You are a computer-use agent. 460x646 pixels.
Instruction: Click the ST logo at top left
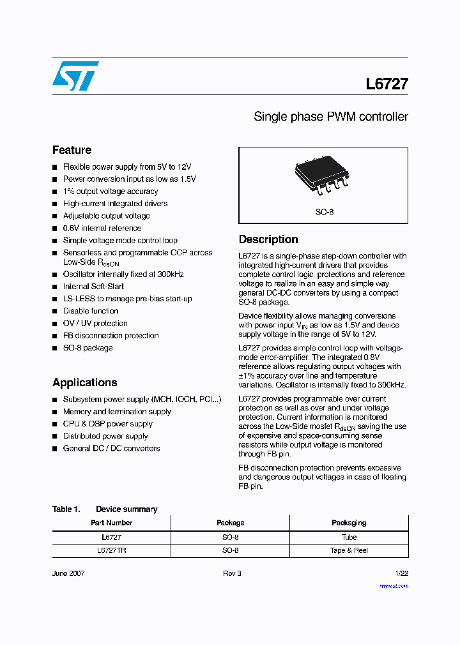pyautogui.click(x=75, y=76)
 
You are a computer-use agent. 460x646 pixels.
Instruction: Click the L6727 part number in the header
pyautogui.click(x=387, y=84)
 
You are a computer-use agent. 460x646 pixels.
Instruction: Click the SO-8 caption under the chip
pyautogui.click(x=324, y=212)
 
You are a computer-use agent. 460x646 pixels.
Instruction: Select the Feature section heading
pyautogui.click(x=72, y=150)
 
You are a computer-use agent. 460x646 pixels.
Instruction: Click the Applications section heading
pyautogui.click(x=84, y=382)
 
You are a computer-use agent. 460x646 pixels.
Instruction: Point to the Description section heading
pyautogui.click(x=268, y=239)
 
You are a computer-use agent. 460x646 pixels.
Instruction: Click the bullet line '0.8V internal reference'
pyautogui.click(x=102, y=228)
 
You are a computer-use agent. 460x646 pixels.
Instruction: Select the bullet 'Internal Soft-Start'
pyautogui.click(x=93, y=287)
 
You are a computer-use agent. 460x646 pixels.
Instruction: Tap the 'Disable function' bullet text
pyautogui.click(x=91, y=311)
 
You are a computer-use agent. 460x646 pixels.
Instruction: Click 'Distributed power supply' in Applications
pyautogui.click(x=105, y=436)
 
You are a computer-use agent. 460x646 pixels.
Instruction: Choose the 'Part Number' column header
pyautogui.click(x=111, y=523)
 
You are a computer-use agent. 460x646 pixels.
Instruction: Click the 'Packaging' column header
pyautogui.click(x=349, y=523)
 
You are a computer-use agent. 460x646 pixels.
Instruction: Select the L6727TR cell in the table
pyautogui.click(x=111, y=550)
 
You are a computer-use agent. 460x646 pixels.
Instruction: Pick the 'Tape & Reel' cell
pyautogui.click(x=349, y=550)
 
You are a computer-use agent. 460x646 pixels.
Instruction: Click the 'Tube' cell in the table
pyautogui.click(x=349, y=537)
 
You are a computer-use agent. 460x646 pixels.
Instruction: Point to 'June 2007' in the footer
pyautogui.click(x=68, y=573)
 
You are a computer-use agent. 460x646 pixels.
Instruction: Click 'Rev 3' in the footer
pyautogui.click(x=232, y=573)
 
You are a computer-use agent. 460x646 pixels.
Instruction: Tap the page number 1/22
pyautogui.click(x=401, y=573)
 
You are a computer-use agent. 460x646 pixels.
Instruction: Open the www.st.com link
pyautogui.click(x=394, y=585)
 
